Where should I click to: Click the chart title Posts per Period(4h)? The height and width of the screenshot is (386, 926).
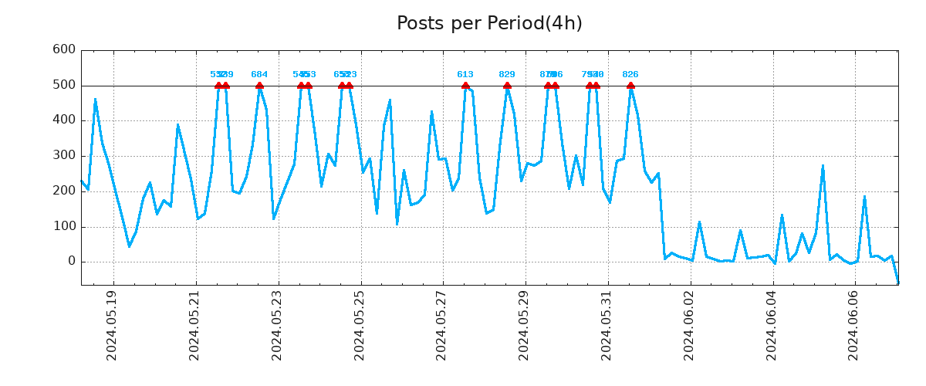[489, 23]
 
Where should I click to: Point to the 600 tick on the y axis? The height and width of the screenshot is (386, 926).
[63, 49]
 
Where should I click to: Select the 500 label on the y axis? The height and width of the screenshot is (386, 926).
[63, 85]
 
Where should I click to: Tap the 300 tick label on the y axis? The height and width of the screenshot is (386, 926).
[63, 156]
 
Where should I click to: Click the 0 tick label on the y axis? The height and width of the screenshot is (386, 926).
[71, 262]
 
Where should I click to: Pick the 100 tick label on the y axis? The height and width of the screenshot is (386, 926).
[63, 227]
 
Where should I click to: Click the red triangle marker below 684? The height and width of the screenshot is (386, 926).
[259, 86]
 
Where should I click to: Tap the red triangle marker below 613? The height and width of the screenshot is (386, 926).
[465, 86]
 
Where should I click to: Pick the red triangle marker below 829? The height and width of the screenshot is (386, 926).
[507, 86]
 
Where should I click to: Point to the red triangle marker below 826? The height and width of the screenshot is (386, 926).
[630, 86]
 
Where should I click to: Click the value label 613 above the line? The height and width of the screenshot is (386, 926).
[465, 75]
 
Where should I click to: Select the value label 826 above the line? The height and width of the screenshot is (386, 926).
[630, 75]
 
